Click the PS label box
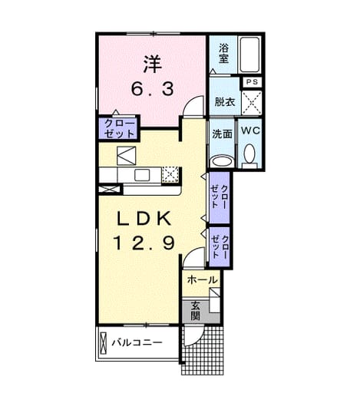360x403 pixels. coord(252,82)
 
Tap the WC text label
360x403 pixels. coord(250,130)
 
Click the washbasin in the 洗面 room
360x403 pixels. coord(223,162)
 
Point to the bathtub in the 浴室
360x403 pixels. coord(249,55)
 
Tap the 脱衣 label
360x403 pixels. coord(225,102)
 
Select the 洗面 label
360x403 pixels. coord(222,134)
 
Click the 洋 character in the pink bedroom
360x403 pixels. coord(153,64)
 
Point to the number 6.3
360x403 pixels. coord(153,89)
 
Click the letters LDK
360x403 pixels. coord(144,218)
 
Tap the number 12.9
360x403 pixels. coord(144,243)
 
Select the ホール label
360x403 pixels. coord(202,279)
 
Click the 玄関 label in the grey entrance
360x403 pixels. coord(195,310)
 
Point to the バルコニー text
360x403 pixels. coord(137,342)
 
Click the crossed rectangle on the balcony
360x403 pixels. coord(103,343)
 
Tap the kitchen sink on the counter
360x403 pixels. coord(142,175)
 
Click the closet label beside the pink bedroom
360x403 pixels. coord(120,128)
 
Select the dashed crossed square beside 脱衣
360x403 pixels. coord(252,103)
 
